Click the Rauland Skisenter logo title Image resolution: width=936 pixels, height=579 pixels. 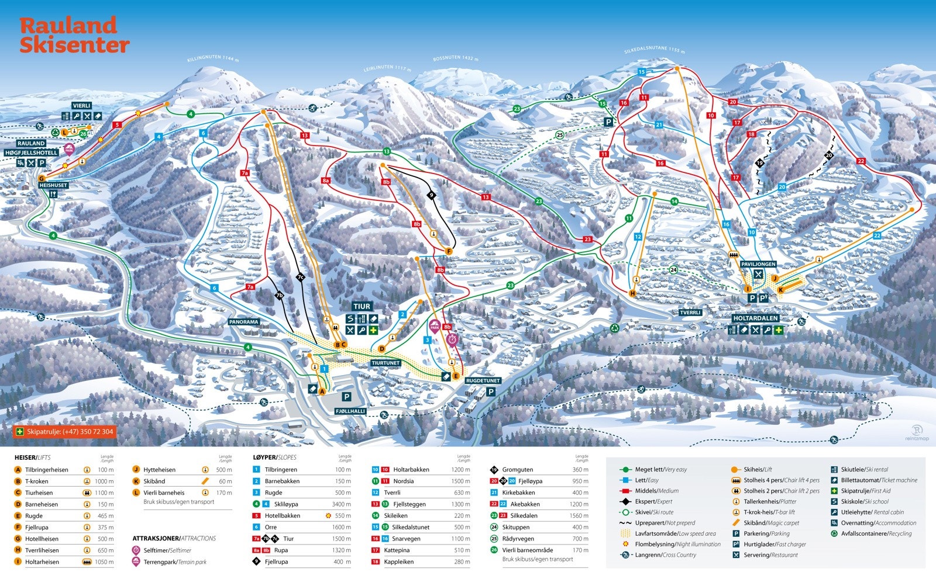(74, 35)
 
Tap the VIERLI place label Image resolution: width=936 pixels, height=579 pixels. (82, 106)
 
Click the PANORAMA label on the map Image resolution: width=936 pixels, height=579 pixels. (244, 322)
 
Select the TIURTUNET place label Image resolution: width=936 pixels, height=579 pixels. (386, 363)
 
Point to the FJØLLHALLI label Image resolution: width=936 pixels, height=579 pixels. (350, 411)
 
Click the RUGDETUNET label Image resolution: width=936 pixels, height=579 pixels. (483, 381)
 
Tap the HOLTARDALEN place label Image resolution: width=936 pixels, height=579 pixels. (756, 318)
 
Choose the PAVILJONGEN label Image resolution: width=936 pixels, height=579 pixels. (758, 264)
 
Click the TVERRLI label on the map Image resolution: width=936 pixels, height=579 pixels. (690, 313)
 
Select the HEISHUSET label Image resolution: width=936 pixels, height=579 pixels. (53, 185)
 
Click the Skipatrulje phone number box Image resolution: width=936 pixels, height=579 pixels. (64, 432)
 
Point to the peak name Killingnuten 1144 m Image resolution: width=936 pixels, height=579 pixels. (213, 58)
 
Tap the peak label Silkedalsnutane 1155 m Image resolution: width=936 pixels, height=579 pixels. (654, 50)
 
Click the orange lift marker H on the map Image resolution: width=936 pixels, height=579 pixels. (632, 293)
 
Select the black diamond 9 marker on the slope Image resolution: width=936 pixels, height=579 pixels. (432, 195)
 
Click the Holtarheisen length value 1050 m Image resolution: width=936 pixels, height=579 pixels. (104, 561)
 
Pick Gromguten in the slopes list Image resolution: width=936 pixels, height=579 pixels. (517, 470)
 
